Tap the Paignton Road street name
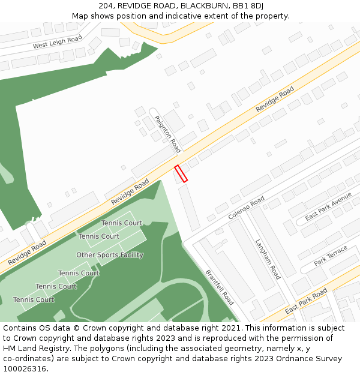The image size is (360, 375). (167, 134)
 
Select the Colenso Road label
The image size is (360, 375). (246, 208)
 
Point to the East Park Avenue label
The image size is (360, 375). (328, 207)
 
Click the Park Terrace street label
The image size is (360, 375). (331, 255)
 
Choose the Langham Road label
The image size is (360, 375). (268, 259)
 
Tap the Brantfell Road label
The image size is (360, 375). (220, 287)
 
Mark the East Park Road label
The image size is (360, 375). (306, 301)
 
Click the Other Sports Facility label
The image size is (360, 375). (110, 255)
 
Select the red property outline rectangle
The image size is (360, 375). (181, 173)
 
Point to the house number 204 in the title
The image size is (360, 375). (106, 6)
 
